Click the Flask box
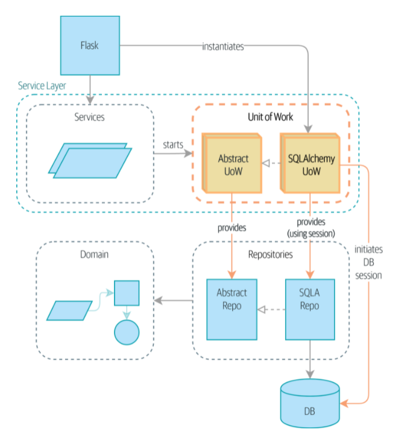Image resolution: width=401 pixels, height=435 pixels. click(x=89, y=45)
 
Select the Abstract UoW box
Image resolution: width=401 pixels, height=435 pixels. click(x=232, y=164)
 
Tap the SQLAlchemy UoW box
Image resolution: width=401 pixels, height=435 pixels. click(x=311, y=164)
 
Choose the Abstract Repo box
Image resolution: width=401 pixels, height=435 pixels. click(x=232, y=309)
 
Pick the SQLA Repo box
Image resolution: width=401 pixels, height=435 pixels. click(x=309, y=308)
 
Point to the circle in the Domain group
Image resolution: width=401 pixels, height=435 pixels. click(x=127, y=332)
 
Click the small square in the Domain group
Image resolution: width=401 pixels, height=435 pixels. click(x=127, y=294)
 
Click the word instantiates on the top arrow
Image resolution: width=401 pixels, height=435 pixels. click(x=223, y=46)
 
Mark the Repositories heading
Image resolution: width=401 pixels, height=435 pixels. click(x=270, y=254)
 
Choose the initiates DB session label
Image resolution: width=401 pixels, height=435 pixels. click(x=368, y=263)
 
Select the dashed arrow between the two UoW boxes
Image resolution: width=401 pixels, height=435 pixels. click(x=271, y=164)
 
